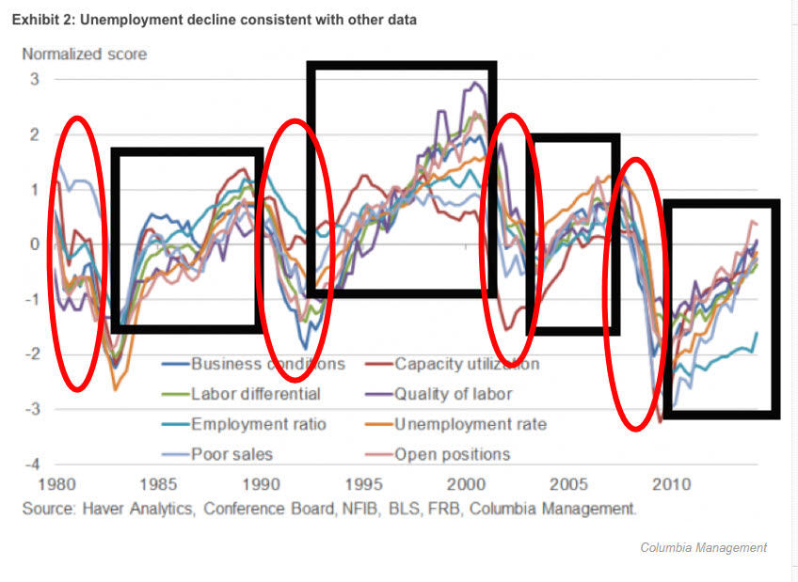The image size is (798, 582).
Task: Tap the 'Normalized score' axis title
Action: pos(85,54)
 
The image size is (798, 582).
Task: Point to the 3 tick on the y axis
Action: pos(34,80)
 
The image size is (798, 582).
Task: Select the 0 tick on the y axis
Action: pos(34,244)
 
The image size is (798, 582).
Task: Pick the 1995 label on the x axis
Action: pos(363,486)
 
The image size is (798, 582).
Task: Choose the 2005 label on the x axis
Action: pos(568,486)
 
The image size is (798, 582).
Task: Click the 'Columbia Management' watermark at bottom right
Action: pos(703,547)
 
